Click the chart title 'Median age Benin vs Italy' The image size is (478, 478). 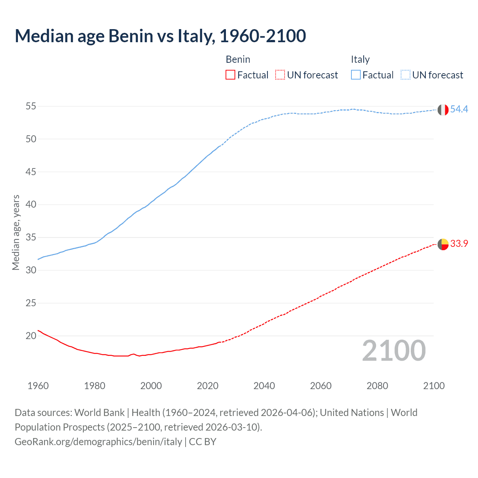[x=160, y=36]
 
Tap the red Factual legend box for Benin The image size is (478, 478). [x=230, y=75]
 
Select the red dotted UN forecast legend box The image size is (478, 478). [x=280, y=75]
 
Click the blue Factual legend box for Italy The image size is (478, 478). [x=356, y=75]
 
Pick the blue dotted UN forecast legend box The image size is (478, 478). [x=406, y=75]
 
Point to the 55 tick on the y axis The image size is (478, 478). [x=31, y=106]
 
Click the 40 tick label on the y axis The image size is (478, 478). [x=31, y=205]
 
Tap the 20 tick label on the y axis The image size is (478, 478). [x=31, y=336]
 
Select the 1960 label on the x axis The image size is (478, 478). [x=38, y=386]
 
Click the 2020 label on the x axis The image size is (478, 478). [x=208, y=386]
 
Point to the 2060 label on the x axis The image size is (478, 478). [x=321, y=386]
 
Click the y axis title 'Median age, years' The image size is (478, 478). [x=16, y=232]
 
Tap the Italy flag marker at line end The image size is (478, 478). [x=443, y=110]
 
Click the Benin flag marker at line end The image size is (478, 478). [x=443, y=244]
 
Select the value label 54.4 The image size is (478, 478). [x=459, y=109]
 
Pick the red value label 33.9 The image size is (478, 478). [x=459, y=243]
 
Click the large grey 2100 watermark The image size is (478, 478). [x=394, y=351]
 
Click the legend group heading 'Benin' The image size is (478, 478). [x=238, y=59]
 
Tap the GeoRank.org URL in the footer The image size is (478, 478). [x=98, y=442]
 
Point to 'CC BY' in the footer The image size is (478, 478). [x=203, y=442]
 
